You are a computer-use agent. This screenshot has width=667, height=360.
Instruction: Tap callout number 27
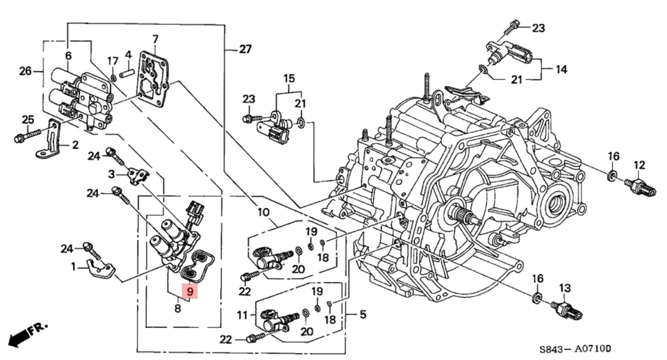pyautogui.click(x=245, y=49)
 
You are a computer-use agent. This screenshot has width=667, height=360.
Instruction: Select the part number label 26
pyautogui.click(x=25, y=70)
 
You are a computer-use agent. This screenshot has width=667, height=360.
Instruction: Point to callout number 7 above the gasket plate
pyautogui.click(x=155, y=39)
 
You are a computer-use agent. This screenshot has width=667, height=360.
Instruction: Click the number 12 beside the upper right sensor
pyautogui.click(x=639, y=165)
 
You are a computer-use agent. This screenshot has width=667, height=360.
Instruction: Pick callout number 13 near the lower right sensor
pyautogui.click(x=564, y=288)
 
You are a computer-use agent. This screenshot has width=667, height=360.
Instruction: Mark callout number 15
pyautogui.click(x=288, y=79)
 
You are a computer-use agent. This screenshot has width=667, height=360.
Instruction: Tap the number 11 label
pyautogui.click(x=242, y=315)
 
